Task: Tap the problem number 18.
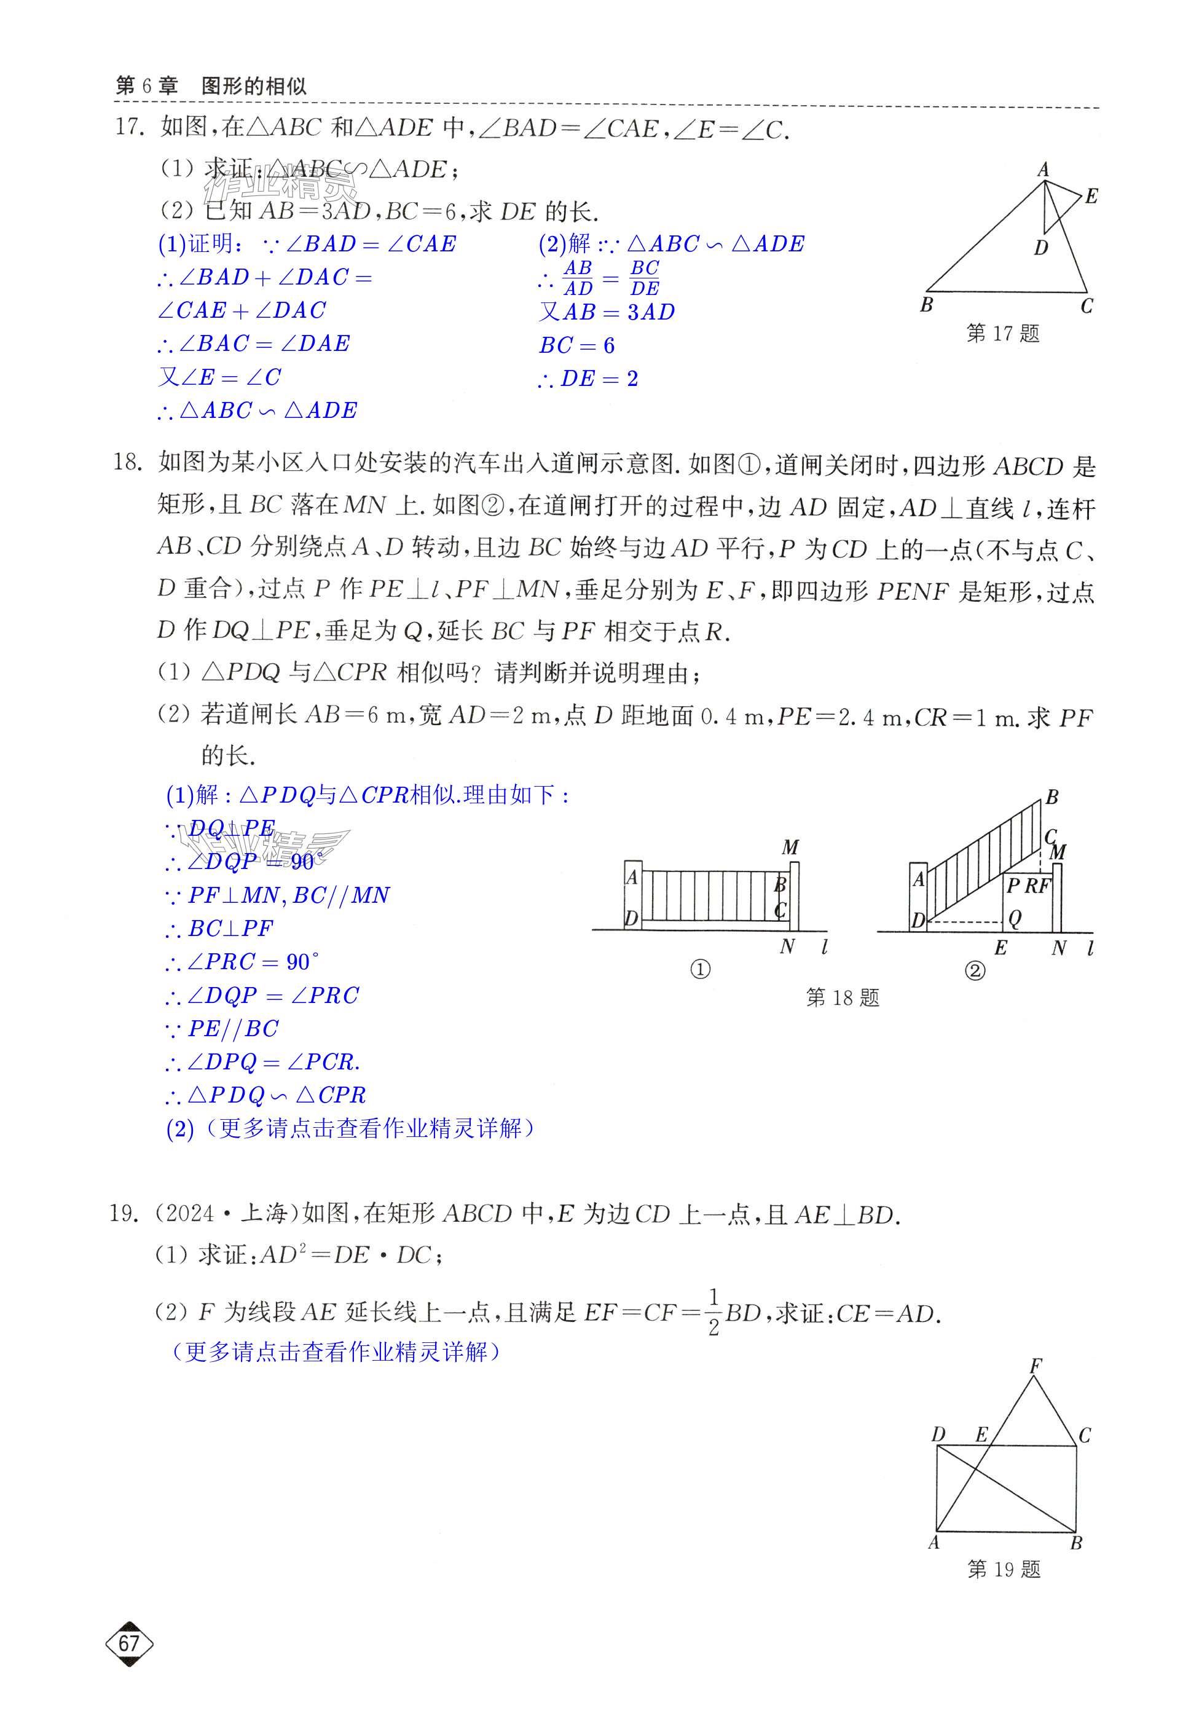click(127, 463)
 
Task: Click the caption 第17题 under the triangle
click(1002, 334)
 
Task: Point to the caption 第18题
click(842, 997)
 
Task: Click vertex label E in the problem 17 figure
click(1091, 197)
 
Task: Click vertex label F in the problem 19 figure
click(1036, 1366)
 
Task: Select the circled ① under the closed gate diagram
click(700, 970)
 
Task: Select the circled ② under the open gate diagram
click(975, 970)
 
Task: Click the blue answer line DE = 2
click(589, 379)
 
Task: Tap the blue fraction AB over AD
click(578, 278)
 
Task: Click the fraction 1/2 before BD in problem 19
click(713, 1314)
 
